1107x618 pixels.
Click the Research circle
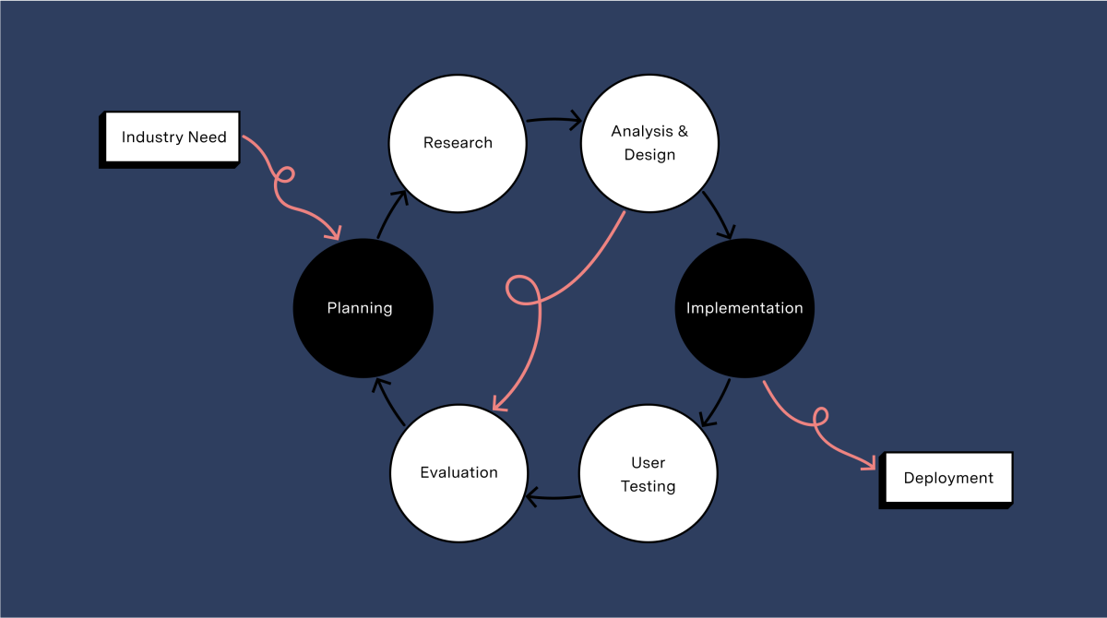coord(458,143)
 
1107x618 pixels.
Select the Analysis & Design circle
coord(649,143)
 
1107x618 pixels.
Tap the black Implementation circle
coord(744,308)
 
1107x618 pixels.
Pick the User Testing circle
coord(648,473)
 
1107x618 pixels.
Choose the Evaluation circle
coord(458,472)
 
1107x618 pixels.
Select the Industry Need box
coord(173,137)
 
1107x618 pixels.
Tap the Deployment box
coord(948,478)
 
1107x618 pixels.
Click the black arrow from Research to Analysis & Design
coord(553,119)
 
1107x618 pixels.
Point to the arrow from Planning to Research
coord(391,212)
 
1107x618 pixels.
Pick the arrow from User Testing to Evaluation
coord(553,498)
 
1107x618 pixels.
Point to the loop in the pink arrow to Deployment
coord(818,417)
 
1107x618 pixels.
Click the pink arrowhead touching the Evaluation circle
coord(497,404)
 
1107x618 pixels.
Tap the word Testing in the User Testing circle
coord(648,486)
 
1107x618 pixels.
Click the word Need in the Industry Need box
coord(207,137)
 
